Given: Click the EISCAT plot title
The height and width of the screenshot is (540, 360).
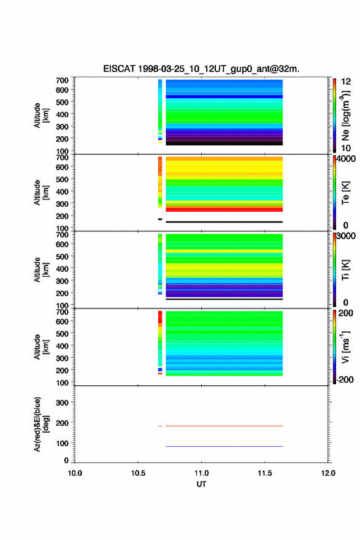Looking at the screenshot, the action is tap(201, 69).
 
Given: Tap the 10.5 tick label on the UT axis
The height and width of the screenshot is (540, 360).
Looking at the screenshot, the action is tap(138, 473).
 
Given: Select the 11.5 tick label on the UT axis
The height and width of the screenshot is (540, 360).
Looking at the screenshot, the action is tap(265, 473).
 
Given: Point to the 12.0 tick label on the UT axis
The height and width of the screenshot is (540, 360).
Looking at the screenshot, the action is tap(328, 473).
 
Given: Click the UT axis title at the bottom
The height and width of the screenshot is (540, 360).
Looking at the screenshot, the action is tap(201, 484).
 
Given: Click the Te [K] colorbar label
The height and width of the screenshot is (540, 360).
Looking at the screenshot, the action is tap(345, 193).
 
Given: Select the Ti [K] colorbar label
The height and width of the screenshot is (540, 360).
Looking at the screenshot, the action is tap(345, 270).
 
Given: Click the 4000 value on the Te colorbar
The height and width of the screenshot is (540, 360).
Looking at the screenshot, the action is tap(346, 159).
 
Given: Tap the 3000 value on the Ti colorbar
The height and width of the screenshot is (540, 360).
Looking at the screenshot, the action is tap(346, 236).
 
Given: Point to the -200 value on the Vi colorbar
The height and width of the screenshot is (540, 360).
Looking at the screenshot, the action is tap(345, 379).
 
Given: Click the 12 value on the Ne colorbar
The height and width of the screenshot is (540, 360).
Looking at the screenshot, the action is tap(346, 82).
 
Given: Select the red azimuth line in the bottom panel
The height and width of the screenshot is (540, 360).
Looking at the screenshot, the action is tap(224, 426).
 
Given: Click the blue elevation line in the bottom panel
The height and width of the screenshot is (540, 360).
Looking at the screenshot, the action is tap(224, 446).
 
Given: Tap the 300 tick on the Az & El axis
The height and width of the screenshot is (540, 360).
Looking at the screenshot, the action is tap(62, 403).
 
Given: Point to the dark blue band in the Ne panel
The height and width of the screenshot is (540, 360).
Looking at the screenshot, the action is tap(224, 97).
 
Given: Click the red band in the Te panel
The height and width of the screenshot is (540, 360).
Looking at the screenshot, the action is tap(224, 209).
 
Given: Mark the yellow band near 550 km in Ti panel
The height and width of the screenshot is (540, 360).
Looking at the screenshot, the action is tap(224, 252).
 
